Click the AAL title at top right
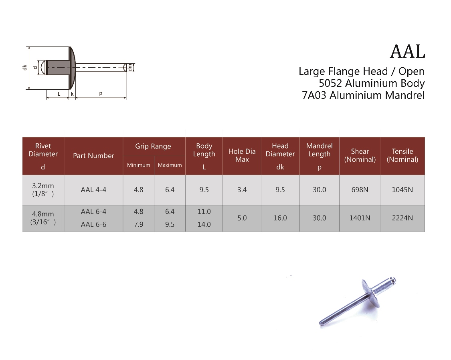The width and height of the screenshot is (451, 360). [x=407, y=52]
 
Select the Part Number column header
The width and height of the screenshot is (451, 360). [x=93, y=156]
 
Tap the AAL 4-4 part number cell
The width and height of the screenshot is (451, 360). [x=93, y=190]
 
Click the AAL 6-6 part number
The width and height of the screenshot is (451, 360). [x=93, y=224]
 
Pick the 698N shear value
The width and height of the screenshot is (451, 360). [x=360, y=190]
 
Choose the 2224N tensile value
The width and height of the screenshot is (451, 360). [x=402, y=218]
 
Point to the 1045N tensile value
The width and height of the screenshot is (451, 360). [x=402, y=190]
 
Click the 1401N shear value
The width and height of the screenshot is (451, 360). [x=360, y=218]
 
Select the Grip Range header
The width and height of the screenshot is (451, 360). [x=153, y=147]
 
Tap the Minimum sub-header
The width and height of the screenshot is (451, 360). [x=139, y=165]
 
